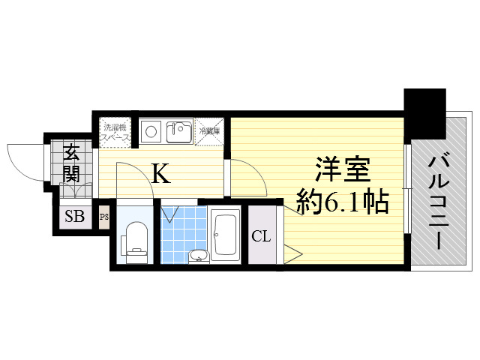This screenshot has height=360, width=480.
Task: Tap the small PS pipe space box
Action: pos(104,217)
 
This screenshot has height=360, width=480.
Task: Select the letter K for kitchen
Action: pos(160,174)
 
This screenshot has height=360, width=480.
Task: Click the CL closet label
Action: pos(260,237)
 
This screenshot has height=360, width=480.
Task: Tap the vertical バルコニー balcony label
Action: pos(439,199)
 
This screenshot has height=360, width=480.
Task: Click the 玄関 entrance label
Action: pos(72,163)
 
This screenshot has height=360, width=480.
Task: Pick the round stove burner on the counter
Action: pos(150,132)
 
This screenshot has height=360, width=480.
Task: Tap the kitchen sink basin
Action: pos(179,132)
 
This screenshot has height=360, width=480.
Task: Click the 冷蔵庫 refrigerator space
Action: pos(211,131)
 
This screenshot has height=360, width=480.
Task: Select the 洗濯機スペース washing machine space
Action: pos(115,132)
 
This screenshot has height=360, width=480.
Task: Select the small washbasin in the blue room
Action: pos(196,257)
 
